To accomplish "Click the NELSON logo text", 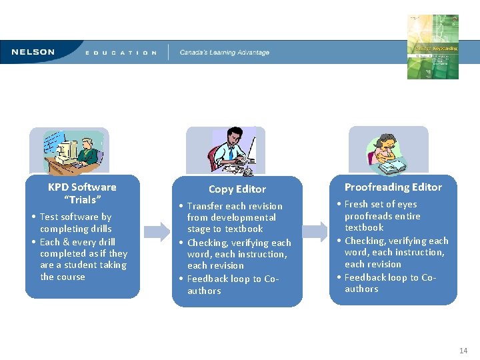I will (x=33, y=52).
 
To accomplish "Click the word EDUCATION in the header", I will (x=121, y=53).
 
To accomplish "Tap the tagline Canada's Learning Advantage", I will (x=225, y=53).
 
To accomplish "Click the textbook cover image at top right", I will (x=433, y=47).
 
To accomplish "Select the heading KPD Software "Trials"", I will (x=82, y=193).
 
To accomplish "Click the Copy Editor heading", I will (x=237, y=189).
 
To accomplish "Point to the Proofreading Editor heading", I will (x=393, y=187).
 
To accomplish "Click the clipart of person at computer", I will (x=69, y=151).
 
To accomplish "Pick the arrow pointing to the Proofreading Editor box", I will (x=315, y=232).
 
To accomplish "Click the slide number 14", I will (x=463, y=351).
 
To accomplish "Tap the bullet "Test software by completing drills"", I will (x=75, y=223).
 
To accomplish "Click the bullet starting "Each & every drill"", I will (x=83, y=259).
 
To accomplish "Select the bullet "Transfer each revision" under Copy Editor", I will (x=234, y=217).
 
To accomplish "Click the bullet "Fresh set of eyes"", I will (x=382, y=215).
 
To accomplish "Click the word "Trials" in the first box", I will (x=83, y=200).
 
